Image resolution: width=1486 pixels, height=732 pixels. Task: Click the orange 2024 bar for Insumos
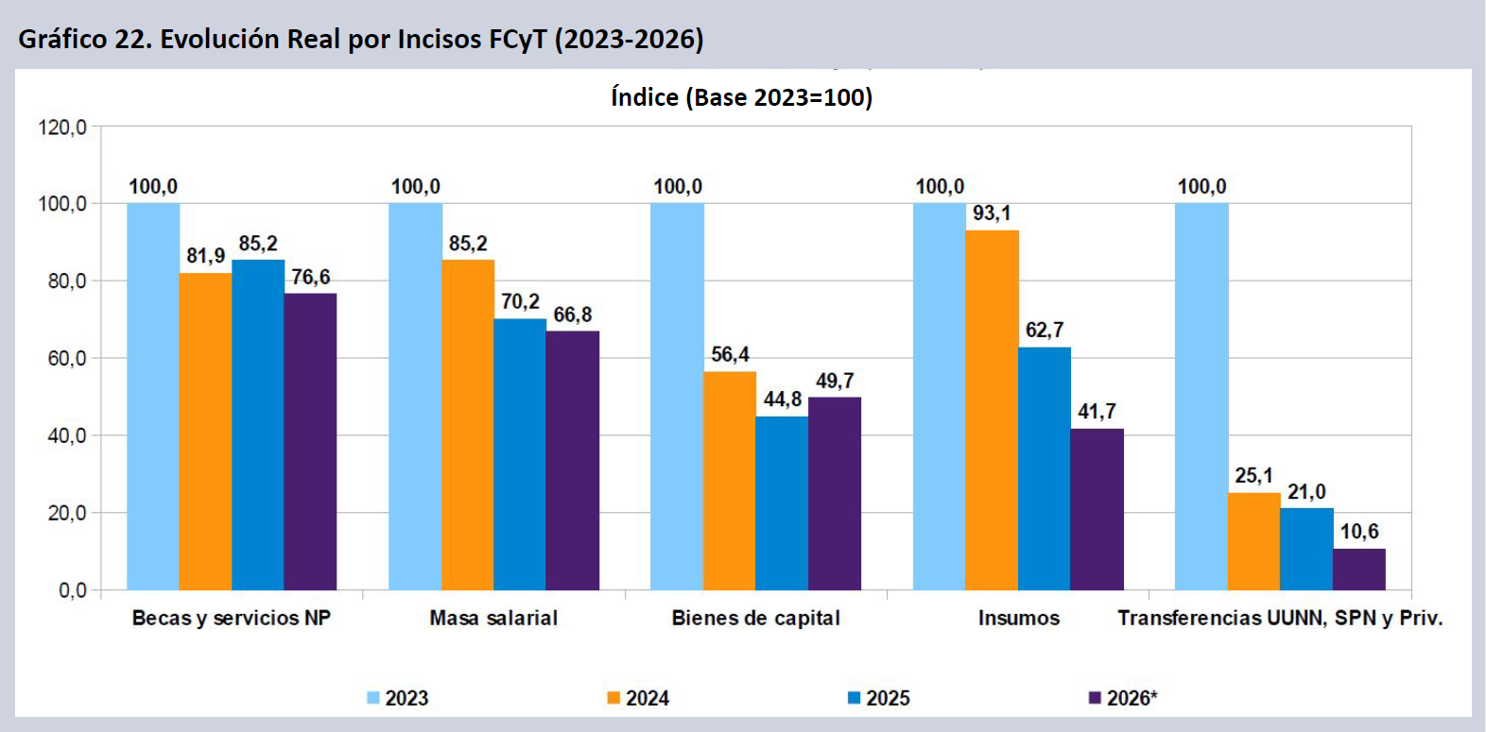(x=992, y=410)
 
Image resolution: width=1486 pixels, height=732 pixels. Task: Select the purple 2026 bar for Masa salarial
(x=573, y=460)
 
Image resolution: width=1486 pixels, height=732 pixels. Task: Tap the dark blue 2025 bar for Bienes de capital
(x=782, y=503)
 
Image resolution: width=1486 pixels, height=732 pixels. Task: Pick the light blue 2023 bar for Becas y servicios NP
(x=153, y=397)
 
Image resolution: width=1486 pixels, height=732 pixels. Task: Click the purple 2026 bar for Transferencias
(x=1359, y=569)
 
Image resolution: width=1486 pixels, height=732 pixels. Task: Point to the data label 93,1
(x=992, y=213)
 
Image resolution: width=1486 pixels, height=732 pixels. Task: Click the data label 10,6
(x=1359, y=532)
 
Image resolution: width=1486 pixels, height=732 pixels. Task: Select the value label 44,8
(x=782, y=400)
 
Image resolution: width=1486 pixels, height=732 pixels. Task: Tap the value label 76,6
(x=310, y=277)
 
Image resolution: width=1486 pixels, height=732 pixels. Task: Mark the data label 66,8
(x=573, y=315)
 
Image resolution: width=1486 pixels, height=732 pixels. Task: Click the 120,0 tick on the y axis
(x=62, y=127)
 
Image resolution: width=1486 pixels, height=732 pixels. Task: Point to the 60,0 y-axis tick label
(x=67, y=359)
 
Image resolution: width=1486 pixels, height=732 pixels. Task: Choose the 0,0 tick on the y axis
(x=72, y=590)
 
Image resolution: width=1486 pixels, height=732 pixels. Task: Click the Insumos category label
(x=1019, y=618)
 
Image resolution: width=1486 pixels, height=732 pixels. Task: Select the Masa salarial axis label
(x=493, y=618)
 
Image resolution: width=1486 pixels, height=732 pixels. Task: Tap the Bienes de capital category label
(x=755, y=618)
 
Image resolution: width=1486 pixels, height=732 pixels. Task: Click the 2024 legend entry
(x=638, y=698)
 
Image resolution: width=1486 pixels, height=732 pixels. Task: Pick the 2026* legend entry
(x=1122, y=698)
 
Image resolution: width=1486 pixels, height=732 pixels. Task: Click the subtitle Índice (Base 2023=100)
(x=742, y=97)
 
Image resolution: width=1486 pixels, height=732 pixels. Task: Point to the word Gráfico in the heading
(x=62, y=40)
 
